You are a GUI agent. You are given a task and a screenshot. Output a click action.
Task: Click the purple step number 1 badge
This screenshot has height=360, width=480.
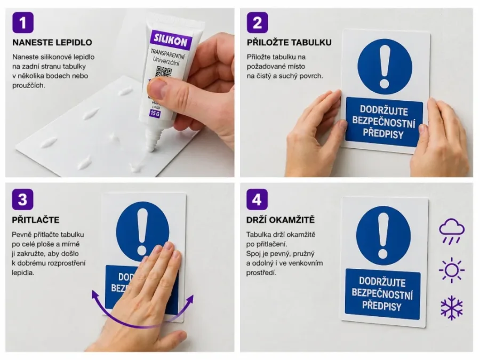coord(22,23)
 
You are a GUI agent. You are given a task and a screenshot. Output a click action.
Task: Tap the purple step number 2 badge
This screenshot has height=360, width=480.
coord(257,23)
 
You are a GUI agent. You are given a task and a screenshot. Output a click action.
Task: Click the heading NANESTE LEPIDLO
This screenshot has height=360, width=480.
coord(52,42)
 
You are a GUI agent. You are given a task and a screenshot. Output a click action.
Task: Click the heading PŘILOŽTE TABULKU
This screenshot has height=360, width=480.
coord(289,42)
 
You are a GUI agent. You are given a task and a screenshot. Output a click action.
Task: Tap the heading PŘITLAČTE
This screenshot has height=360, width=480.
coord(35,219)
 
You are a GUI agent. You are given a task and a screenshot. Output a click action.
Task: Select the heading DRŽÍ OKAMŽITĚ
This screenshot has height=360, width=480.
coord(280,219)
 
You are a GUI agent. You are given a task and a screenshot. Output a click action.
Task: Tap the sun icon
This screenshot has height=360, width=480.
coord(451,270)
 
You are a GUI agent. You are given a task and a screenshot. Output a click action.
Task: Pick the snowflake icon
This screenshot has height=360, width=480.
coord(451,308)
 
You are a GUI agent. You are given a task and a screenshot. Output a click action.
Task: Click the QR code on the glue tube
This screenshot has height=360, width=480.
coord(165,73)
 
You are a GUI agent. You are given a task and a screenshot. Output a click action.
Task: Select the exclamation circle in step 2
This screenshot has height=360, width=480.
coord(385,66)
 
